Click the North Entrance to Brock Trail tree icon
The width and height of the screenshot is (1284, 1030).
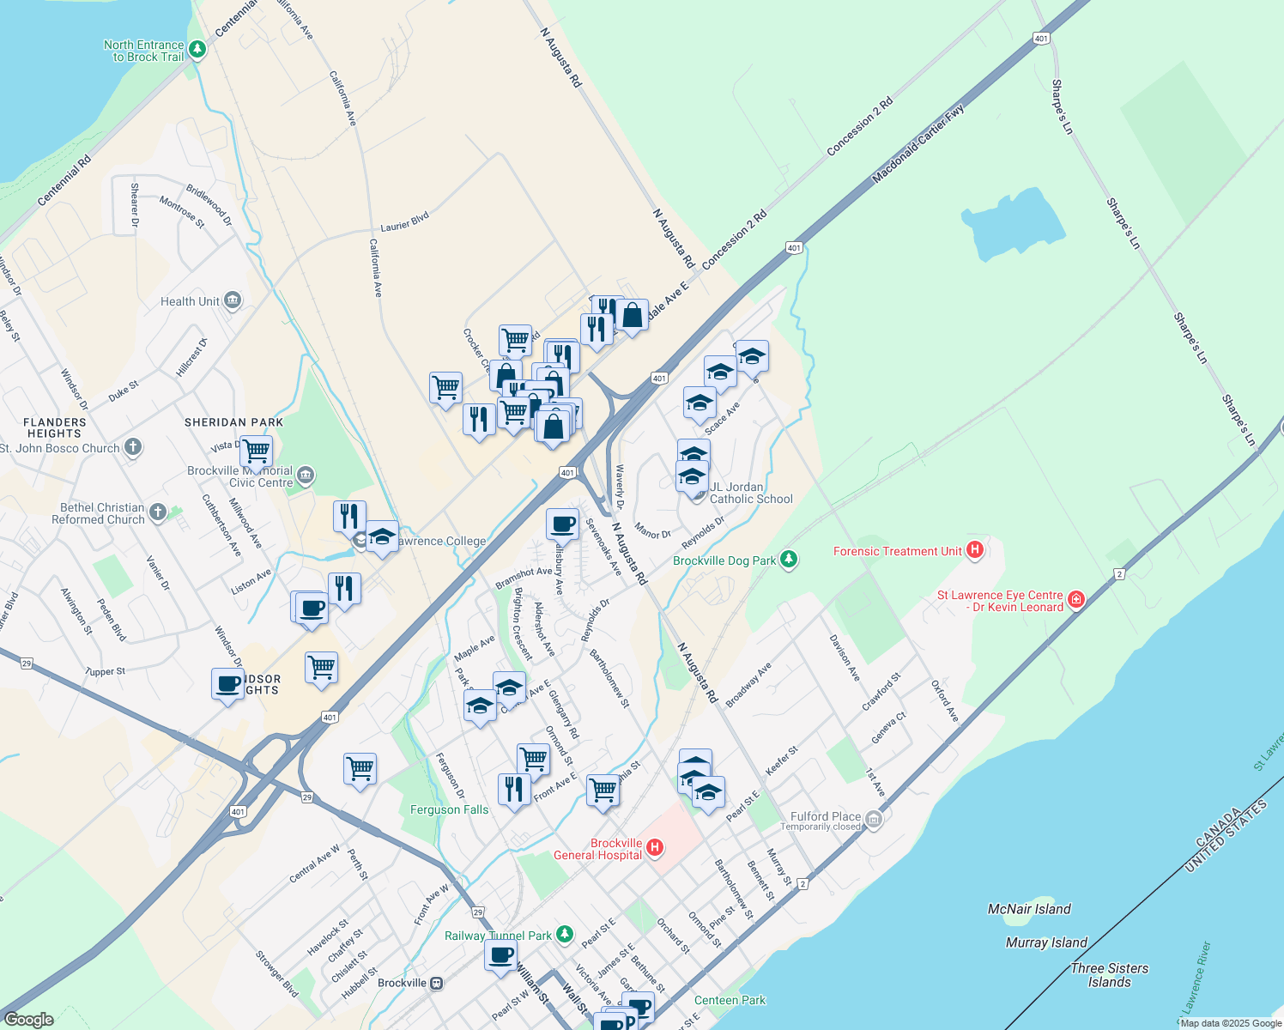click(x=197, y=50)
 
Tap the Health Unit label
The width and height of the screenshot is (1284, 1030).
click(x=190, y=301)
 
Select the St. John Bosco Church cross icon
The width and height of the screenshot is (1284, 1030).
click(x=132, y=447)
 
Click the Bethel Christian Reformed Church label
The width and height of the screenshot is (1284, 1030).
click(x=98, y=513)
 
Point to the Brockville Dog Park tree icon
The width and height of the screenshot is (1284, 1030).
click(x=789, y=560)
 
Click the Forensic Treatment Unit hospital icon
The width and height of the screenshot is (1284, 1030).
click(x=974, y=550)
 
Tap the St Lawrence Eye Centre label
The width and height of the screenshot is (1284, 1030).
click(x=1000, y=601)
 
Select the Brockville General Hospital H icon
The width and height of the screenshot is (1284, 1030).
click(x=655, y=848)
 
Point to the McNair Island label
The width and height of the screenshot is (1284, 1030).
click(x=1029, y=909)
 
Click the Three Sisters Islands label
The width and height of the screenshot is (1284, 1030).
click(x=1109, y=975)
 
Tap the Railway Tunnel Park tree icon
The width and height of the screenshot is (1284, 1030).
click(x=564, y=934)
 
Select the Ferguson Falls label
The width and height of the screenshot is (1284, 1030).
click(x=449, y=809)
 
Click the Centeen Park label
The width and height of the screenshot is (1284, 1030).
click(x=730, y=1000)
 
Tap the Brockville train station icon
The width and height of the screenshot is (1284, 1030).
click(x=437, y=983)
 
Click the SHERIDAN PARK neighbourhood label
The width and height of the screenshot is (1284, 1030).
click(x=233, y=422)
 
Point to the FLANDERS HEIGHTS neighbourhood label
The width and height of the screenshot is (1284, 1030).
click(x=55, y=427)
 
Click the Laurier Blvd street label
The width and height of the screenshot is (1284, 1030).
click(x=405, y=221)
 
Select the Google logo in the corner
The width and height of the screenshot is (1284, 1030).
click(x=29, y=1019)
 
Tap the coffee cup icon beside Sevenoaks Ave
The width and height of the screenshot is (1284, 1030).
click(x=563, y=524)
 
